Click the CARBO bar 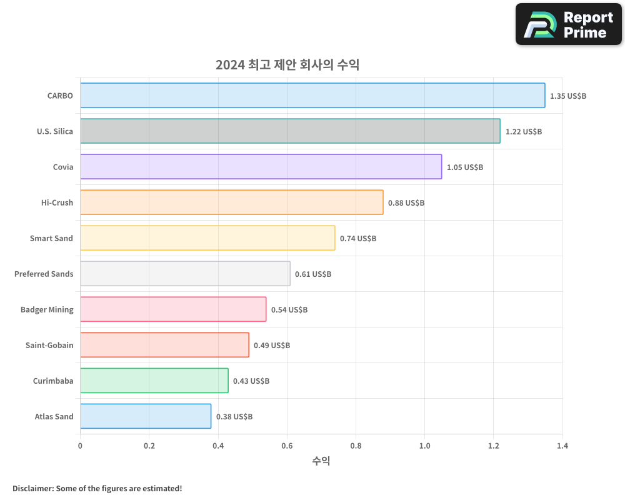[312, 96]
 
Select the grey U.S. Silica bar [290, 131]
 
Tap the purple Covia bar [261, 167]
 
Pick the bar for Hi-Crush [231, 202]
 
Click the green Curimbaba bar [154, 381]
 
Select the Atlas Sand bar [146, 416]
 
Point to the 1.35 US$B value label [568, 96]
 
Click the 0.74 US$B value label [358, 239]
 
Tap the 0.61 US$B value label [313, 274]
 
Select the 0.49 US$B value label [272, 346]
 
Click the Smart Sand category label [51, 238]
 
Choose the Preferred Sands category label [44, 274]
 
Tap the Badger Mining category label [47, 309]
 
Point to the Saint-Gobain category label [49, 345]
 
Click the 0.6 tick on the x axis [287, 446]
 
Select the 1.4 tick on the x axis [562, 446]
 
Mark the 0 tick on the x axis [80, 446]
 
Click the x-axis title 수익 [321, 461]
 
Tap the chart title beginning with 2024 [287, 64]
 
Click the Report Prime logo [568, 24]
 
